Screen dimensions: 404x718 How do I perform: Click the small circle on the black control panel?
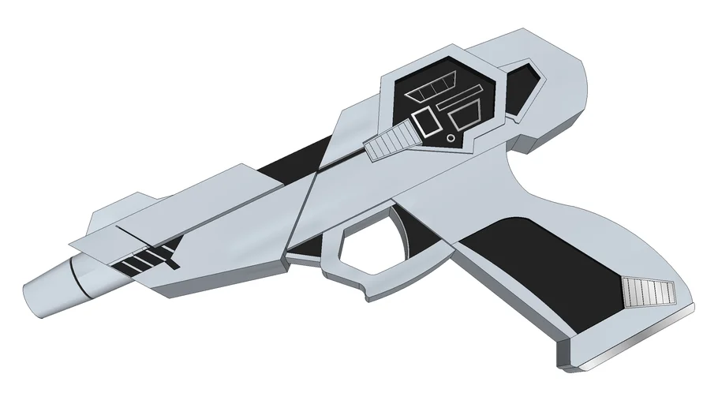[451, 138]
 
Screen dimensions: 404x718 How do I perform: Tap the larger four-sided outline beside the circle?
[467, 118]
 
